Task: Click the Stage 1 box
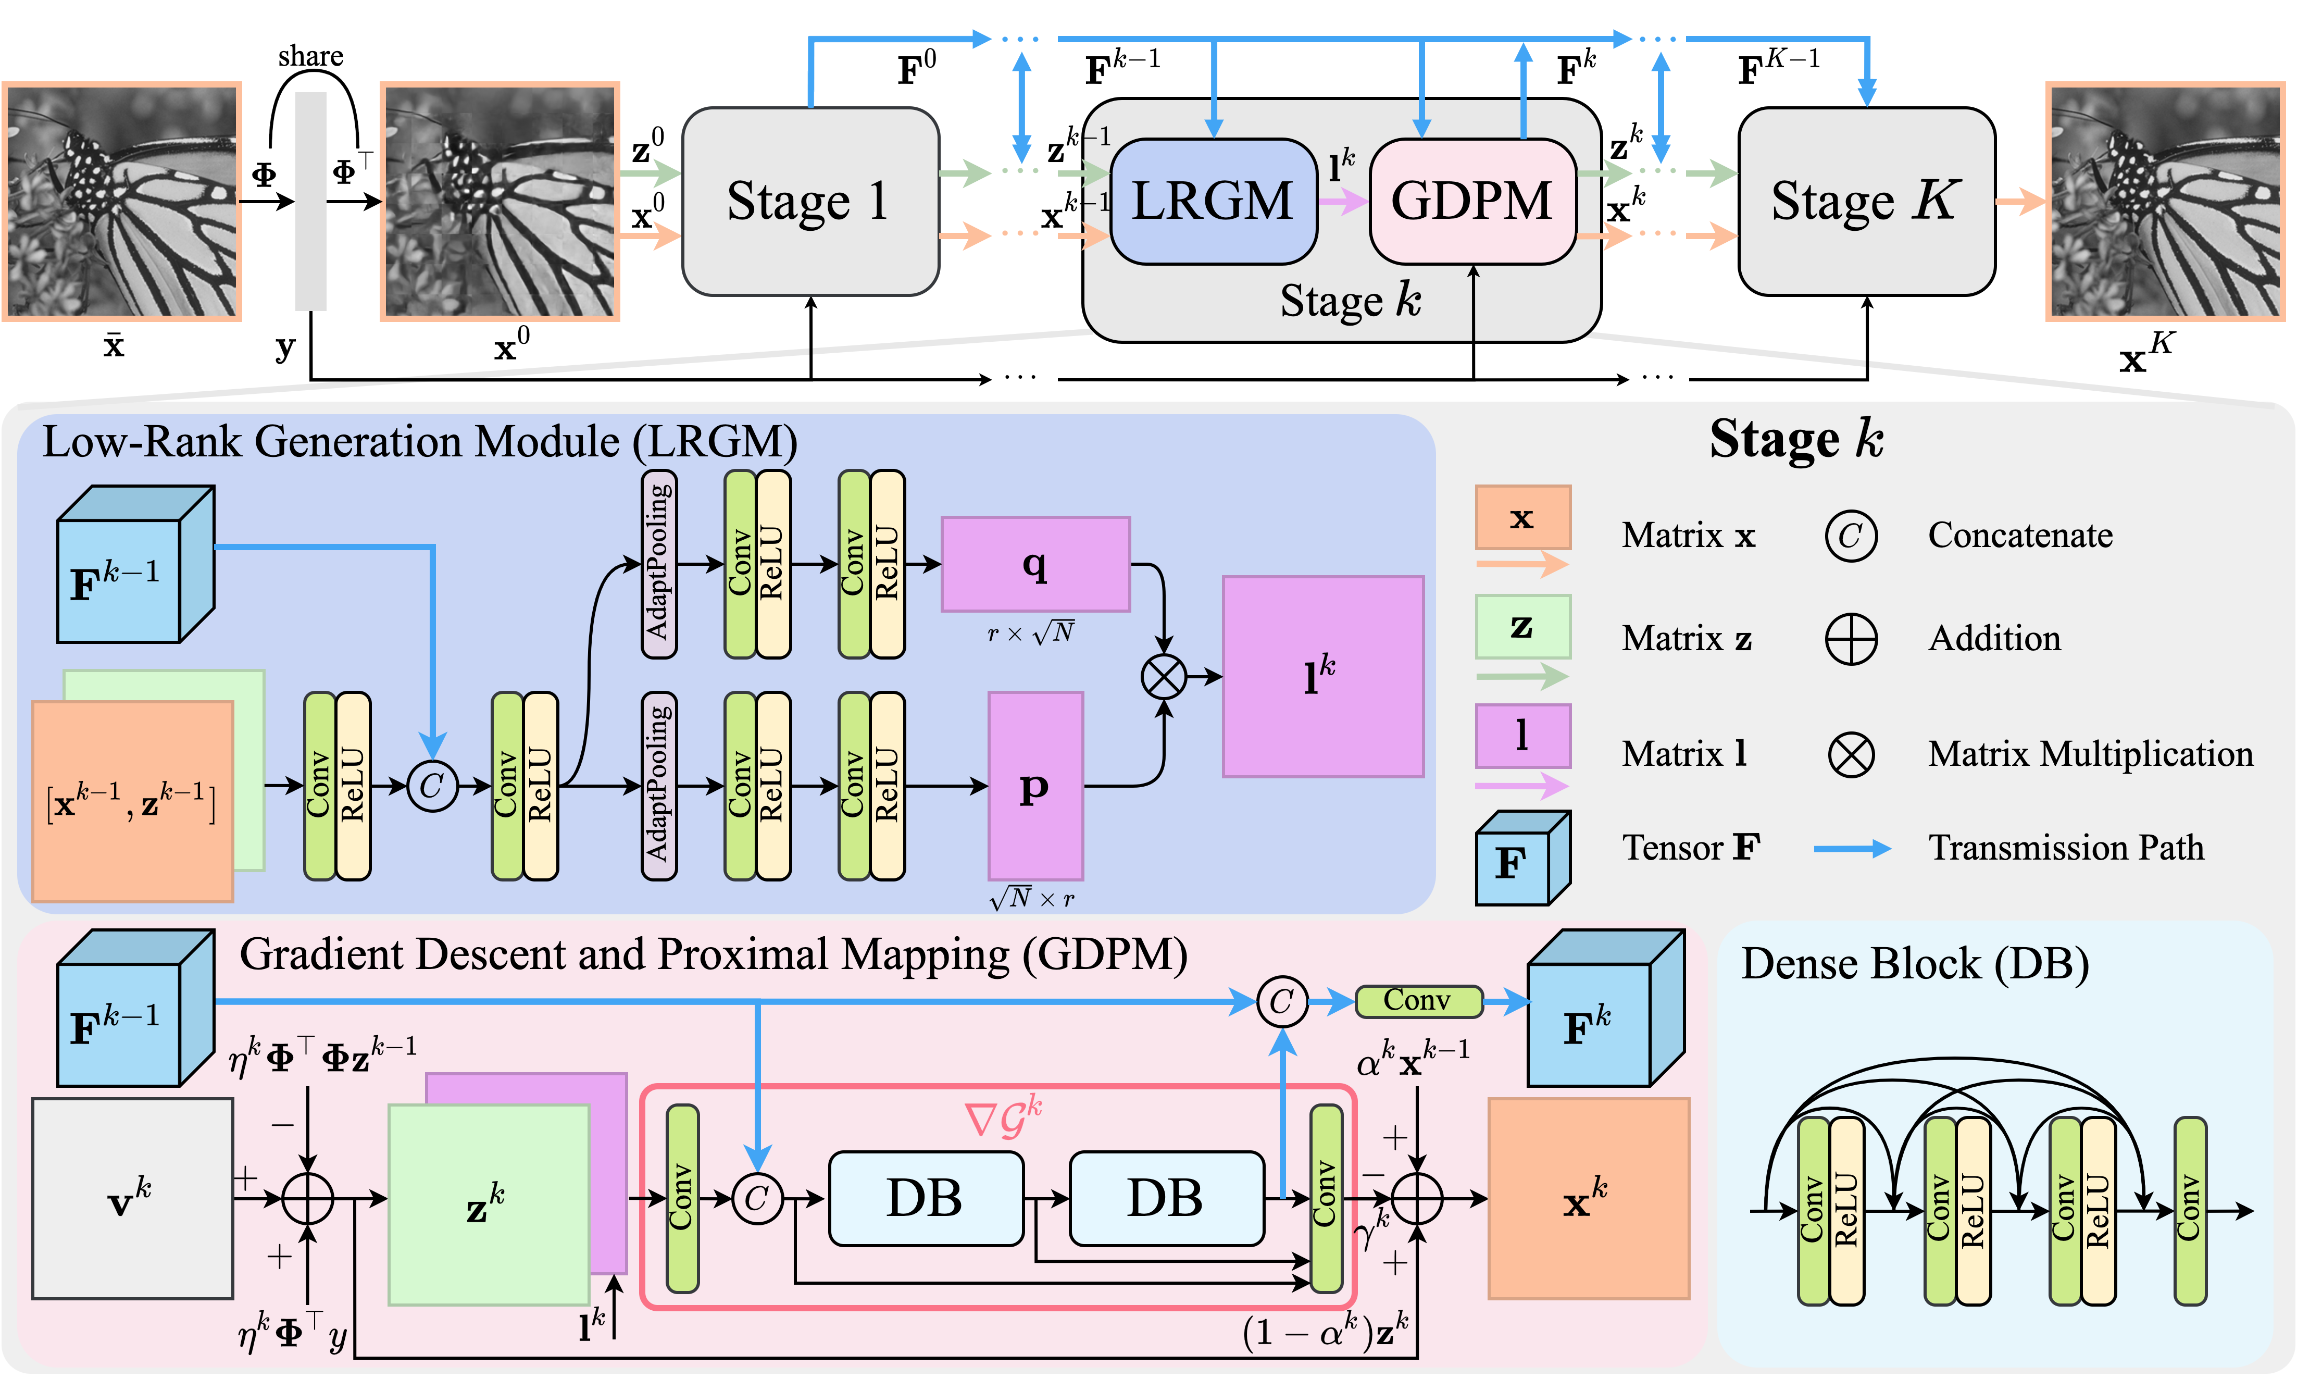click(x=809, y=202)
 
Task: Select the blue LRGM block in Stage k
click(x=1212, y=202)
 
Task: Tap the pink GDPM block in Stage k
click(x=1471, y=202)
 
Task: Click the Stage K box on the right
click(x=1865, y=202)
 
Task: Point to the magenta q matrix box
click(x=1035, y=564)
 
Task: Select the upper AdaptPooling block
click(x=658, y=564)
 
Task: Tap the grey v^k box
click(x=132, y=1198)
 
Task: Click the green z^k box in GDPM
click(x=488, y=1204)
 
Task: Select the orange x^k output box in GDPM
click(x=1588, y=1198)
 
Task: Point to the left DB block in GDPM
click(x=925, y=1198)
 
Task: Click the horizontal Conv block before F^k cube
click(x=1417, y=1001)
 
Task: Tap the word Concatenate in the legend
click(x=2019, y=535)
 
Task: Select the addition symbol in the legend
click(x=1851, y=640)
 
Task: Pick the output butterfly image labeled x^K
click(x=2165, y=202)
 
